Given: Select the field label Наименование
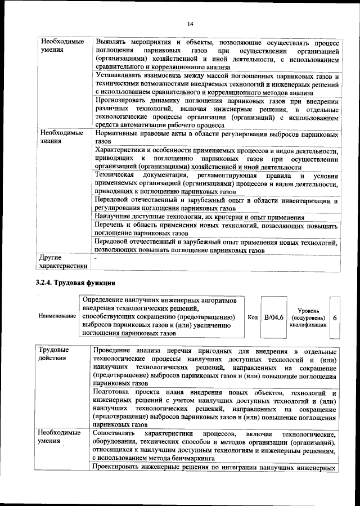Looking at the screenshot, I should coord(57,316).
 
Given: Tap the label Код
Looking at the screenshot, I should coord(253,317).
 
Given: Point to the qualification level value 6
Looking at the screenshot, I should coord(335,317).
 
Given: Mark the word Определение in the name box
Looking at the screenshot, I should coord(106,300).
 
